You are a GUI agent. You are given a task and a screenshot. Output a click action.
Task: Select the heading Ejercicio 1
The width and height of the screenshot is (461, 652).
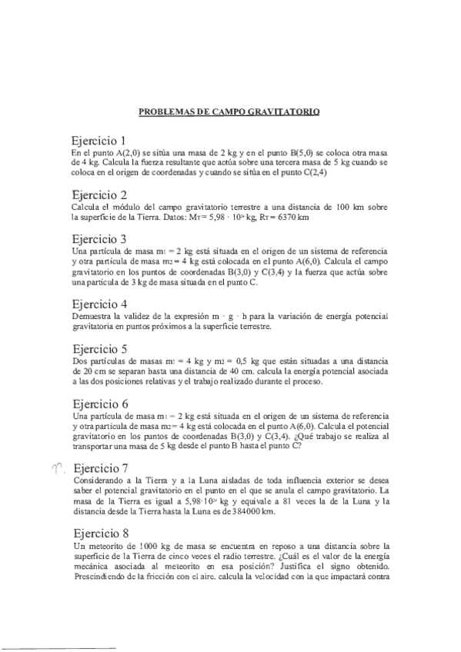click(98, 141)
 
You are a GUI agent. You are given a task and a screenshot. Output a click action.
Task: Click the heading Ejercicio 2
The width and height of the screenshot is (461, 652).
click(98, 194)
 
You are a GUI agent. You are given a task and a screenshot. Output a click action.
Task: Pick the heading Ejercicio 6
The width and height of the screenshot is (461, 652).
click(98, 403)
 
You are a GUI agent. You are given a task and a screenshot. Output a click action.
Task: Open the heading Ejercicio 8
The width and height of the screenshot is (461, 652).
click(98, 531)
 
